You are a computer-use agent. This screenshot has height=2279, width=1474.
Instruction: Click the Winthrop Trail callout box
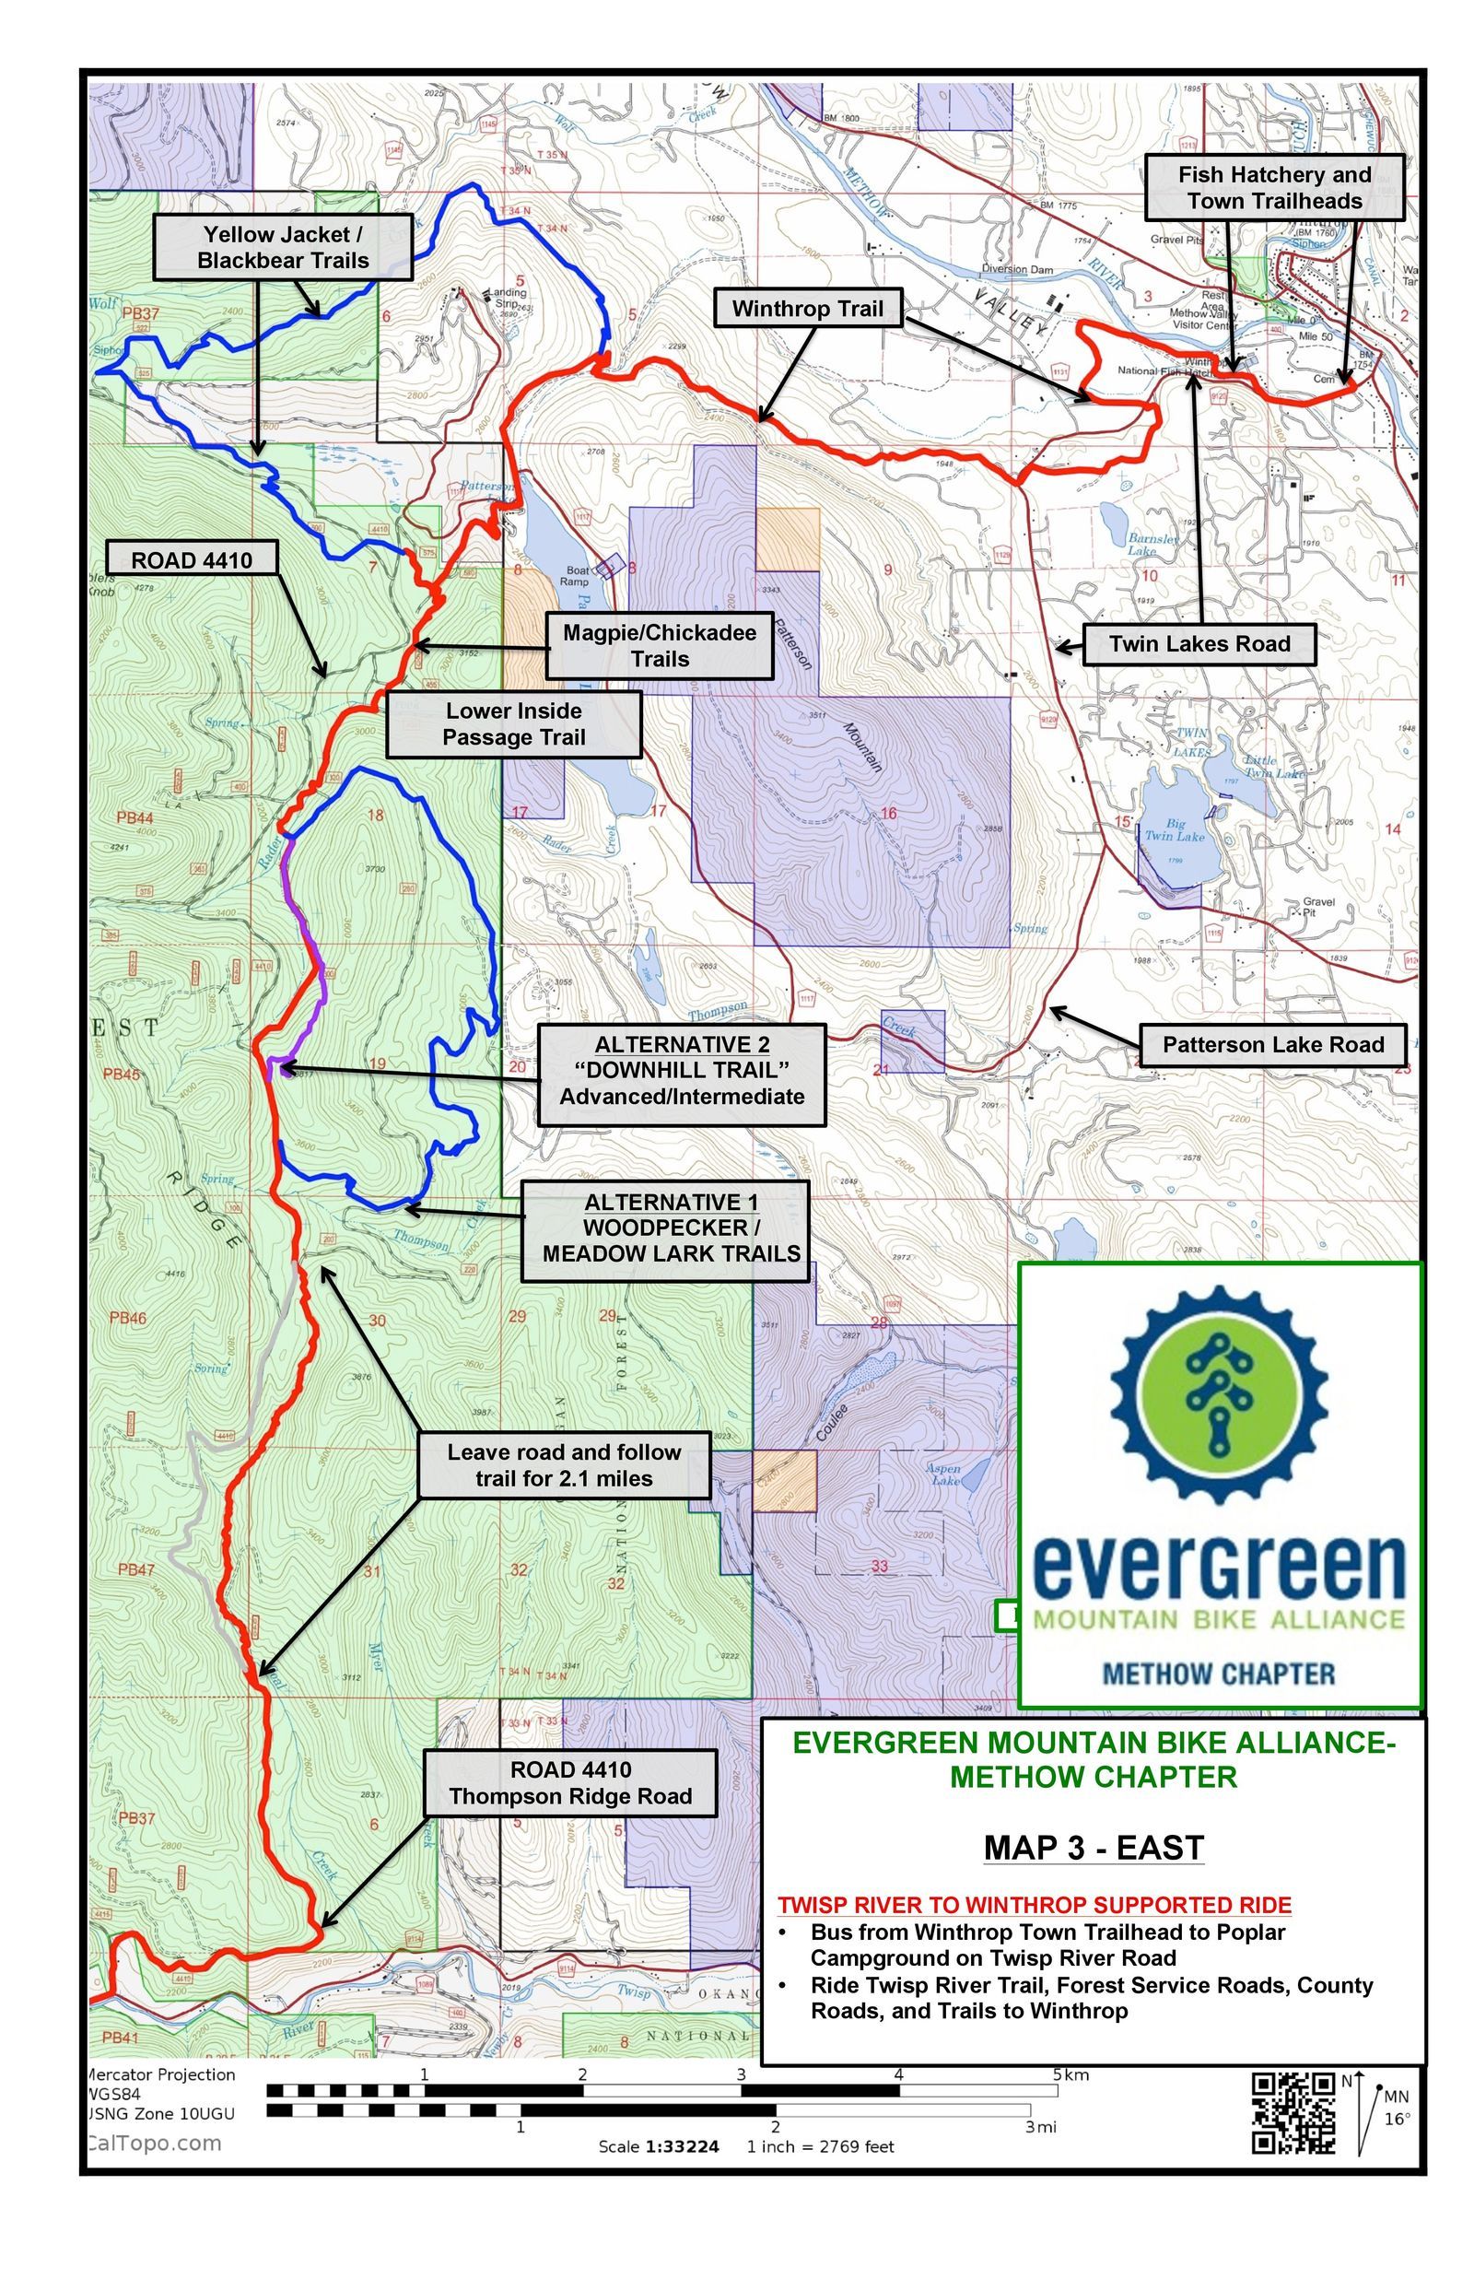point(808,308)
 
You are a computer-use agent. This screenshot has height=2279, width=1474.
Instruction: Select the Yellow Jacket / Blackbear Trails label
point(284,247)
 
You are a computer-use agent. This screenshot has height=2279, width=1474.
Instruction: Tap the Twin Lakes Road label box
point(1199,644)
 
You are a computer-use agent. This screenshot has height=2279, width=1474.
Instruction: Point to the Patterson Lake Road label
point(1273,1044)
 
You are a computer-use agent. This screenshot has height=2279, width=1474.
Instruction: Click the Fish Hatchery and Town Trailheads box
point(1274,188)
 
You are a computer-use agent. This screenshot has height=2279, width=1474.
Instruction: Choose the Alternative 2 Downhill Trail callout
point(682,1070)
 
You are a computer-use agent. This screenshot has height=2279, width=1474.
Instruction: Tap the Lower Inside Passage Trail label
point(513,723)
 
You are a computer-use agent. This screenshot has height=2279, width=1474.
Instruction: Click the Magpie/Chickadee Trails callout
point(660,645)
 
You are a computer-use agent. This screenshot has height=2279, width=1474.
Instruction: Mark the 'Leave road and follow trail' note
point(564,1464)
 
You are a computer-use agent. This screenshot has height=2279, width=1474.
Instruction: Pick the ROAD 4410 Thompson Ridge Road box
point(570,1782)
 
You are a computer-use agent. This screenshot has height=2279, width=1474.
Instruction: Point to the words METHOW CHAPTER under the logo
point(1219,1674)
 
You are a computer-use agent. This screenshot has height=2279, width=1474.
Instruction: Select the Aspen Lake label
point(943,1474)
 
